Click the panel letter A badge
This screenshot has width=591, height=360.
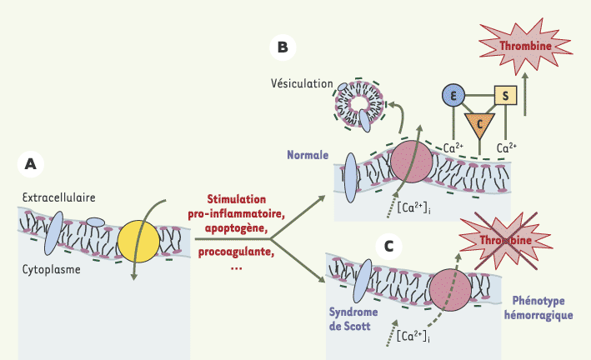click(31, 164)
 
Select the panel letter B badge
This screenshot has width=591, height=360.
click(283, 47)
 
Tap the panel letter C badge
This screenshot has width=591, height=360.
click(388, 247)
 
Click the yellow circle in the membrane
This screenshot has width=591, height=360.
click(138, 242)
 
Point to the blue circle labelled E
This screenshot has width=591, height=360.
click(453, 95)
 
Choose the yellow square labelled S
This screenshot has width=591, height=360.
click(505, 95)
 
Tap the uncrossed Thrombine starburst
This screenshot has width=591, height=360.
click(526, 46)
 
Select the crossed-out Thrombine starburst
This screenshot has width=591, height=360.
click(506, 241)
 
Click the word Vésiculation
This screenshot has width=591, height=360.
click(302, 83)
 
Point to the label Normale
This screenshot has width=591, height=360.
click(308, 155)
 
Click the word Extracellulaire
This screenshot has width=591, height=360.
click(59, 197)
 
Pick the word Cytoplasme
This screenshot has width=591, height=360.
click(51, 269)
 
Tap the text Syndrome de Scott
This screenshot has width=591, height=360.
click(353, 319)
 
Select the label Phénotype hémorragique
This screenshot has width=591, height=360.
click(538, 307)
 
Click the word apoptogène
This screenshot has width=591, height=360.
click(236, 228)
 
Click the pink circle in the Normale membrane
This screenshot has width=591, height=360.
click(411, 162)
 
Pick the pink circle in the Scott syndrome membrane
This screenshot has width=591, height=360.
click(450, 290)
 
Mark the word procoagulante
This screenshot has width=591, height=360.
click(237, 252)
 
